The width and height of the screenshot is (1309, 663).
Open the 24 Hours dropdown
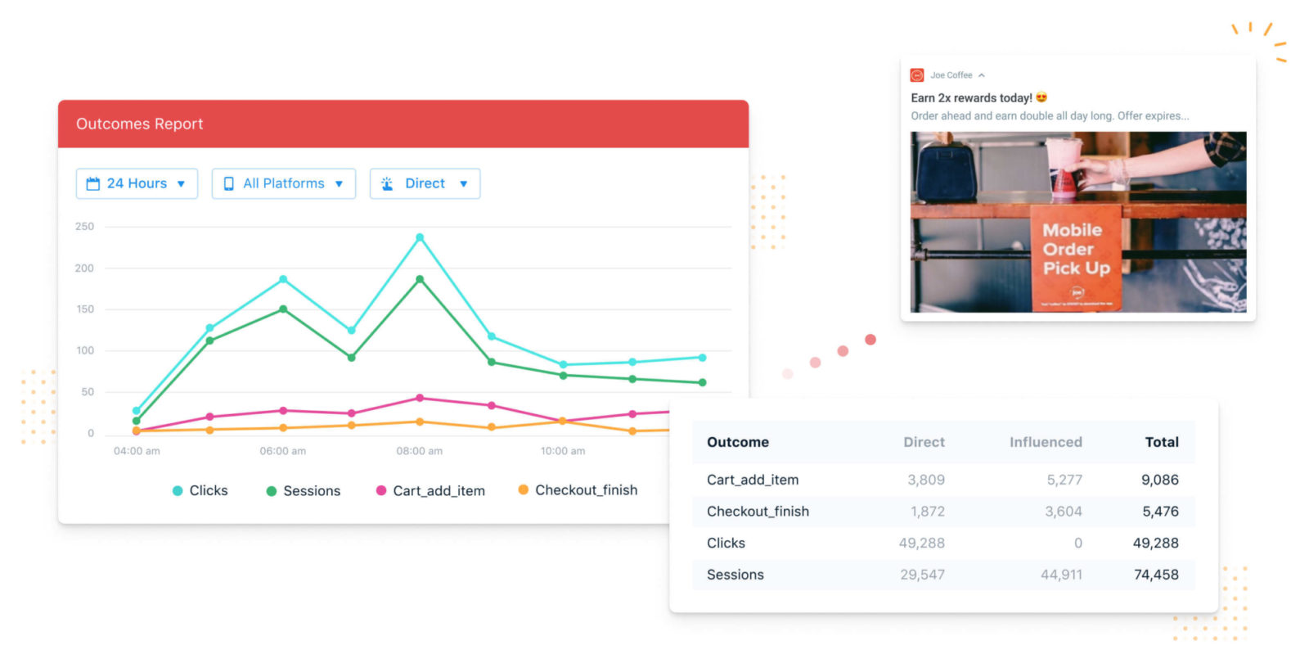(x=137, y=183)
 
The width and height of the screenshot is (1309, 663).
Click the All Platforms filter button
(x=283, y=183)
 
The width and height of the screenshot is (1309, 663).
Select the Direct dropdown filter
(x=425, y=183)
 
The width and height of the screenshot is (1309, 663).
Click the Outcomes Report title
(x=139, y=124)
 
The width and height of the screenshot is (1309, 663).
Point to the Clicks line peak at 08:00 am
(x=420, y=237)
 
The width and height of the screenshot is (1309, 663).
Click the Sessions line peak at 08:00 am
(x=420, y=279)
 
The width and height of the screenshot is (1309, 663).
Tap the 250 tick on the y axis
(x=84, y=227)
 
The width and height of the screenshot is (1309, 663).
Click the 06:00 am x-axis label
(x=282, y=451)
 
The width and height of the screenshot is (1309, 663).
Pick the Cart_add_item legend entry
(x=430, y=491)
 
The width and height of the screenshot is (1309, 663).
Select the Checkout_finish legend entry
(x=578, y=490)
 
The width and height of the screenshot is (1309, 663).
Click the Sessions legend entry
(x=304, y=491)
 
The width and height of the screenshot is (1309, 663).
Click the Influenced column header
(x=1045, y=442)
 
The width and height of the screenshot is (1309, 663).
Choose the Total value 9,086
(x=1159, y=480)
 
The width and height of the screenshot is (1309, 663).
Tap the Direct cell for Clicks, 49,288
(x=921, y=543)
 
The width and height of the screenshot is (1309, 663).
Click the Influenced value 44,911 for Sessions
(x=1061, y=575)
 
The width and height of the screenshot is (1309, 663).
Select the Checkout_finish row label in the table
(x=758, y=512)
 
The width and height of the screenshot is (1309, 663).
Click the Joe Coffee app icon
(x=917, y=75)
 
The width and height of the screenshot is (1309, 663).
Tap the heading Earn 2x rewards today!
(x=972, y=97)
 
